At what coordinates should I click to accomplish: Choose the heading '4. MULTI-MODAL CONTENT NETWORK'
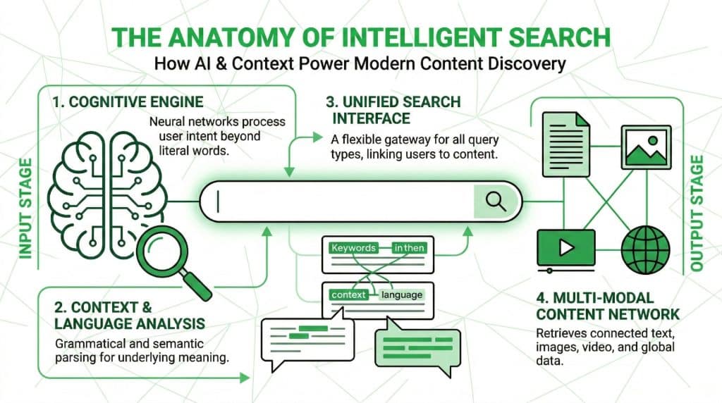607,305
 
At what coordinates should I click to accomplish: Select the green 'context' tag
348,294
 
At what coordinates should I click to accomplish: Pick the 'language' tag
402,294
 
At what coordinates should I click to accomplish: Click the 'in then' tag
410,248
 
